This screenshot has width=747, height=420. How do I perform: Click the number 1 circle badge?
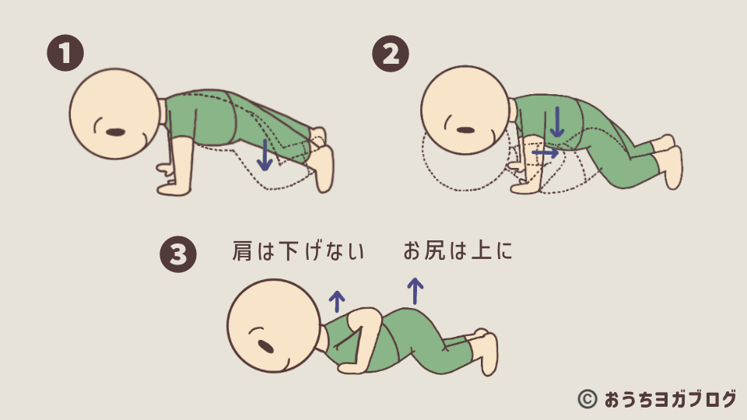point(65,53)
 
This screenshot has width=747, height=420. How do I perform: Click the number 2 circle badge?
point(391,54)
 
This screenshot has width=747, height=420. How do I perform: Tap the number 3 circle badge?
point(178,254)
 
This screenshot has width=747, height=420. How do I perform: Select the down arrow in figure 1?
point(265,156)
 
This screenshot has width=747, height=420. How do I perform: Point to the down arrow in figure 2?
point(556,122)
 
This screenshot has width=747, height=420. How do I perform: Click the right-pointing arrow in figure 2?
point(545,152)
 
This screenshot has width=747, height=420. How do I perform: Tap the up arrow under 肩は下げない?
point(337,302)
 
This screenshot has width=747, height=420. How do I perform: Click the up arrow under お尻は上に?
point(415,291)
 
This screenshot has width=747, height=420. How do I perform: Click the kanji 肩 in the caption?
point(242,251)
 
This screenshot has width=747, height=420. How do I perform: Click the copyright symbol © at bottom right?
point(587,399)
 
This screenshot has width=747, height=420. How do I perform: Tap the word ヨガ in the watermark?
point(669,399)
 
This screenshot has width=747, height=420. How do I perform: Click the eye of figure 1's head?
point(115,132)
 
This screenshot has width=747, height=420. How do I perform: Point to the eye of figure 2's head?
point(465,130)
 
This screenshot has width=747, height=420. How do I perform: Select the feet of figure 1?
point(321,159)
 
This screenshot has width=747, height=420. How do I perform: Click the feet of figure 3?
point(486,352)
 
